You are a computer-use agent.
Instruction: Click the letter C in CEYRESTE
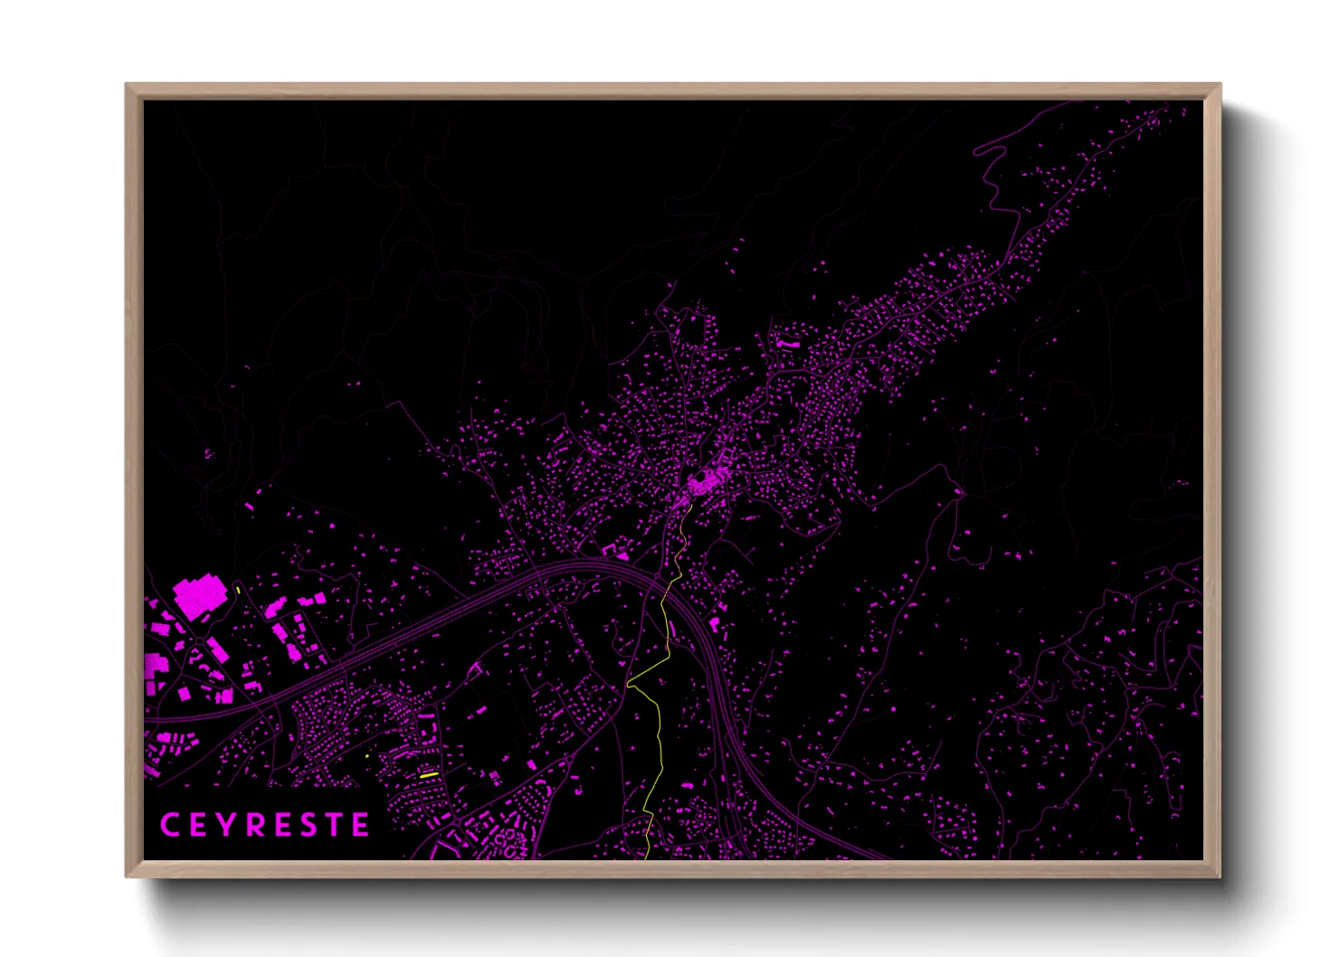click(x=168, y=825)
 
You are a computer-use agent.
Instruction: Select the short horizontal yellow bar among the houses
click(x=429, y=775)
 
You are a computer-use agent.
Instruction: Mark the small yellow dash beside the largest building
click(x=238, y=590)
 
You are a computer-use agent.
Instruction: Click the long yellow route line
click(x=659, y=724)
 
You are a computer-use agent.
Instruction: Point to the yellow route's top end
click(x=692, y=505)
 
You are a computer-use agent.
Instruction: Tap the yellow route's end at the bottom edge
click(x=649, y=856)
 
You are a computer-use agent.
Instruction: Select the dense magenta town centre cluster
click(x=707, y=480)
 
